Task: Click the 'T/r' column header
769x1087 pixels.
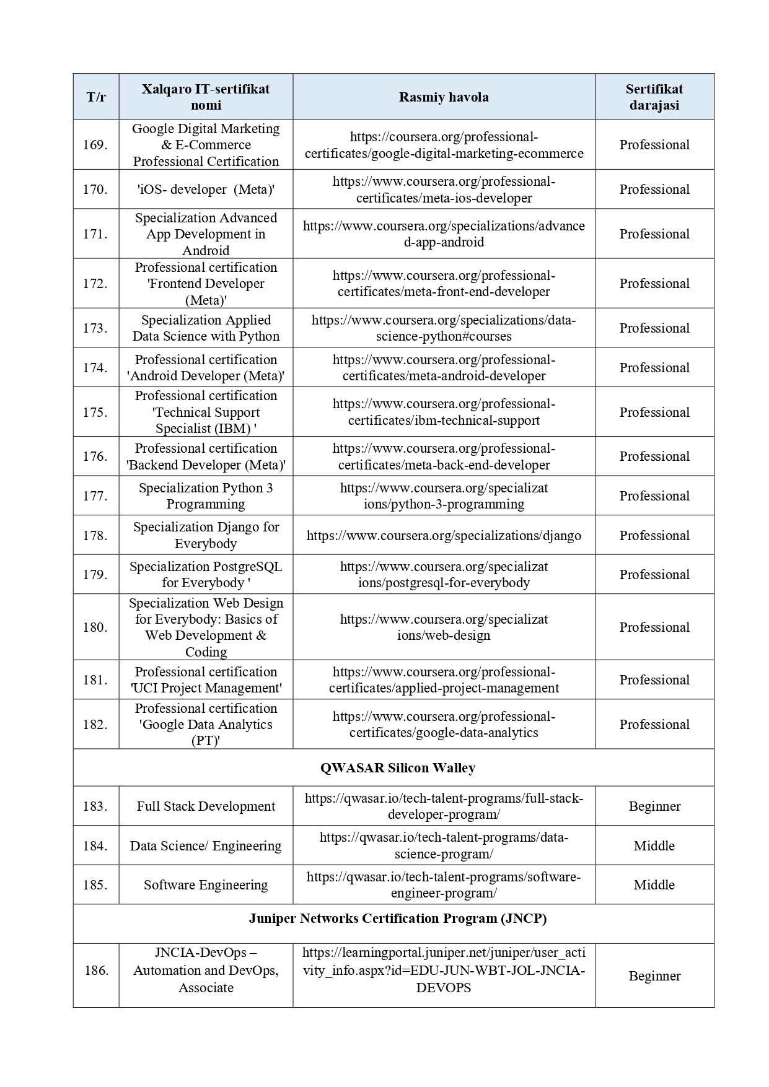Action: pyautogui.click(x=96, y=97)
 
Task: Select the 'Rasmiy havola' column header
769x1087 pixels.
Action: pyautogui.click(x=444, y=97)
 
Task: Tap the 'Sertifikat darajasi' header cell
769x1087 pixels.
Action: pyautogui.click(x=654, y=97)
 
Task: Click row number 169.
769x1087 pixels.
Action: pyautogui.click(x=95, y=145)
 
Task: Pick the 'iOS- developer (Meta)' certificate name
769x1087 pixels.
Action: pyautogui.click(x=206, y=190)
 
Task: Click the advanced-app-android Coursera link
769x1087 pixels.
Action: pyautogui.click(x=444, y=234)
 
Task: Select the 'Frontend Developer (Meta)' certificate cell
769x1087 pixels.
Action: pyautogui.click(x=206, y=284)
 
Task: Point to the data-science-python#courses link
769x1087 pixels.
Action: pyautogui.click(x=444, y=328)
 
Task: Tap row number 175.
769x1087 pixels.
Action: pyautogui.click(x=95, y=413)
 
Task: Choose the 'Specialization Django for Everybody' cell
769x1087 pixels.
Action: pyautogui.click(x=206, y=535)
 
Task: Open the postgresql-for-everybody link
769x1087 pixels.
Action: pyautogui.click(x=444, y=575)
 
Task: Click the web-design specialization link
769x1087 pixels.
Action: pyautogui.click(x=444, y=627)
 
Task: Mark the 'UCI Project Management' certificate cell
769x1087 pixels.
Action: pyautogui.click(x=206, y=680)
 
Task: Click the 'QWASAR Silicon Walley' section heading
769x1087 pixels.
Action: pyautogui.click(x=398, y=768)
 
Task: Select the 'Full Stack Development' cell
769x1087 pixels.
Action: pyautogui.click(x=206, y=806)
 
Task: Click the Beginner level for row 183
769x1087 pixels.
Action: pyautogui.click(x=654, y=806)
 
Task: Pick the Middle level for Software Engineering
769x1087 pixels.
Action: pyautogui.click(x=654, y=885)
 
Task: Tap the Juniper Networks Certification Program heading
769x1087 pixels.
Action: pyautogui.click(x=398, y=919)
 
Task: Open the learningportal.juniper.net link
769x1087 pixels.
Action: pyautogui.click(x=444, y=970)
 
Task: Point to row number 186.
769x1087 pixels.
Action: pyautogui.click(x=96, y=971)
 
